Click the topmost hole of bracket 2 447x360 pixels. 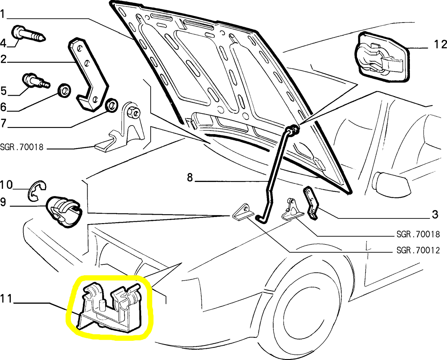[79, 49]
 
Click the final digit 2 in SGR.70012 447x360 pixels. [437, 251]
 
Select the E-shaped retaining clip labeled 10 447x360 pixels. [37, 191]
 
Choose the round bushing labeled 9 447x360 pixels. [63, 212]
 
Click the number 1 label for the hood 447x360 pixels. [2, 14]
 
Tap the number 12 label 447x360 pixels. [441, 44]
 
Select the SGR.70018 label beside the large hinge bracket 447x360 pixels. [22, 147]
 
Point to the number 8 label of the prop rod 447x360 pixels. [190, 178]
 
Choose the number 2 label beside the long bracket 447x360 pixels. [3, 59]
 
